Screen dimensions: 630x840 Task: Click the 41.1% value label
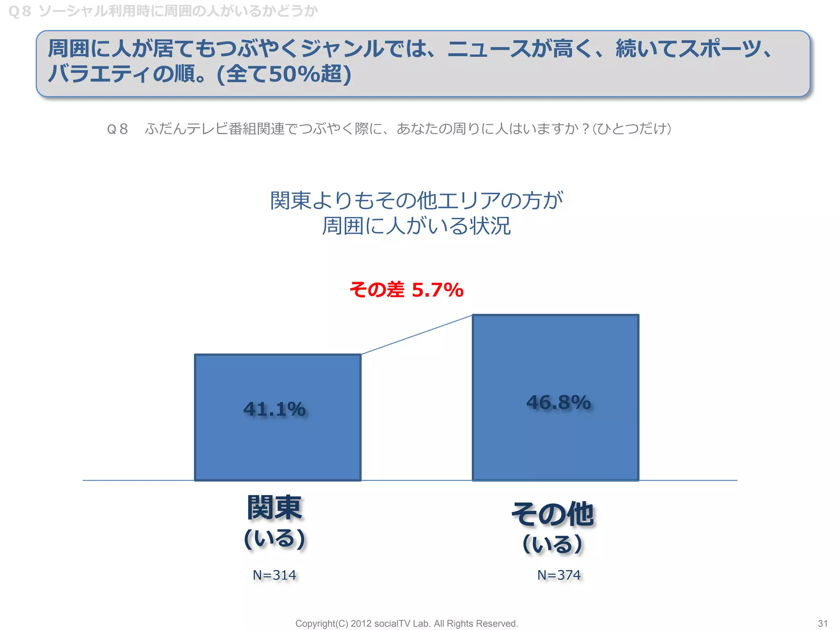274,409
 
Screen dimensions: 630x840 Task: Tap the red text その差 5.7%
406,290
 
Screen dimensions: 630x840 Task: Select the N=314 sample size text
274,575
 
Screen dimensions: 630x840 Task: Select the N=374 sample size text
559,575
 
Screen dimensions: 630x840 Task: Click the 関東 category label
274,508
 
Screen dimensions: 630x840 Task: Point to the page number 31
822,623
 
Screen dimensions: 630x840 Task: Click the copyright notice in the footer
406,623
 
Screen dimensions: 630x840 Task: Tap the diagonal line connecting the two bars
416,334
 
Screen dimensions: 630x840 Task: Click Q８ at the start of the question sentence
117,129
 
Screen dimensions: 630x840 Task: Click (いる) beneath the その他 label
552,544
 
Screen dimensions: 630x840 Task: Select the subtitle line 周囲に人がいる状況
416,226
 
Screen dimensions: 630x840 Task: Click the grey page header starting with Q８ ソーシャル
163,11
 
